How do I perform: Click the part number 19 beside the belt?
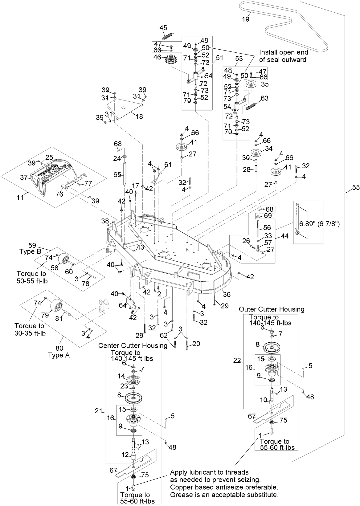pyautogui.click(x=245, y=19)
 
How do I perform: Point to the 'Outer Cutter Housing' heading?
pyautogui.click(x=272, y=309)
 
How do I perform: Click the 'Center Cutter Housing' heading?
pyautogui.click(x=133, y=345)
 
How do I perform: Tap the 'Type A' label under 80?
pyautogui.click(x=59, y=355)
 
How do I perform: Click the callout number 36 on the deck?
pyautogui.click(x=227, y=295)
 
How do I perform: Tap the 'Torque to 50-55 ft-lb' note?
pyautogui.click(x=31, y=277)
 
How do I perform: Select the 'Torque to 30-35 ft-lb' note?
pyautogui.click(x=30, y=329)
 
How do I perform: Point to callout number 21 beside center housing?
pyautogui.click(x=98, y=411)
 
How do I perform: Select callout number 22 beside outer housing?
pyautogui.click(x=237, y=361)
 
